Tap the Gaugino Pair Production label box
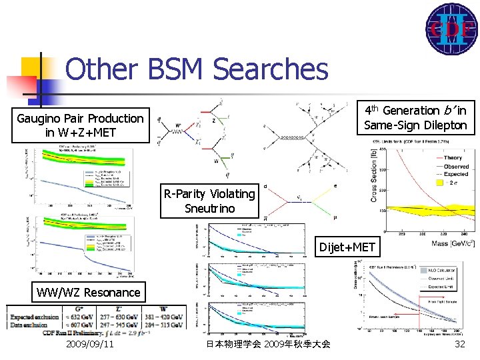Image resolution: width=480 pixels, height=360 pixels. [x=80, y=125]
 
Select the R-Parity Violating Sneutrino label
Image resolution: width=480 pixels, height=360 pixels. [x=209, y=201]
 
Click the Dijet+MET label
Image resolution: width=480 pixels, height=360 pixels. [x=347, y=248]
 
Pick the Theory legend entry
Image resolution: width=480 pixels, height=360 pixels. [x=456, y=158]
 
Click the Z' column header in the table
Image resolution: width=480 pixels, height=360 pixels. [x=119, y=308]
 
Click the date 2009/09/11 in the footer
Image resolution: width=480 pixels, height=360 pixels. [x=89, y=344]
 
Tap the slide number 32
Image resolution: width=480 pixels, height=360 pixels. [x=459, y=344]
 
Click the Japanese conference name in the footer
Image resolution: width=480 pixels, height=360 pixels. [x=268, y=344]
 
